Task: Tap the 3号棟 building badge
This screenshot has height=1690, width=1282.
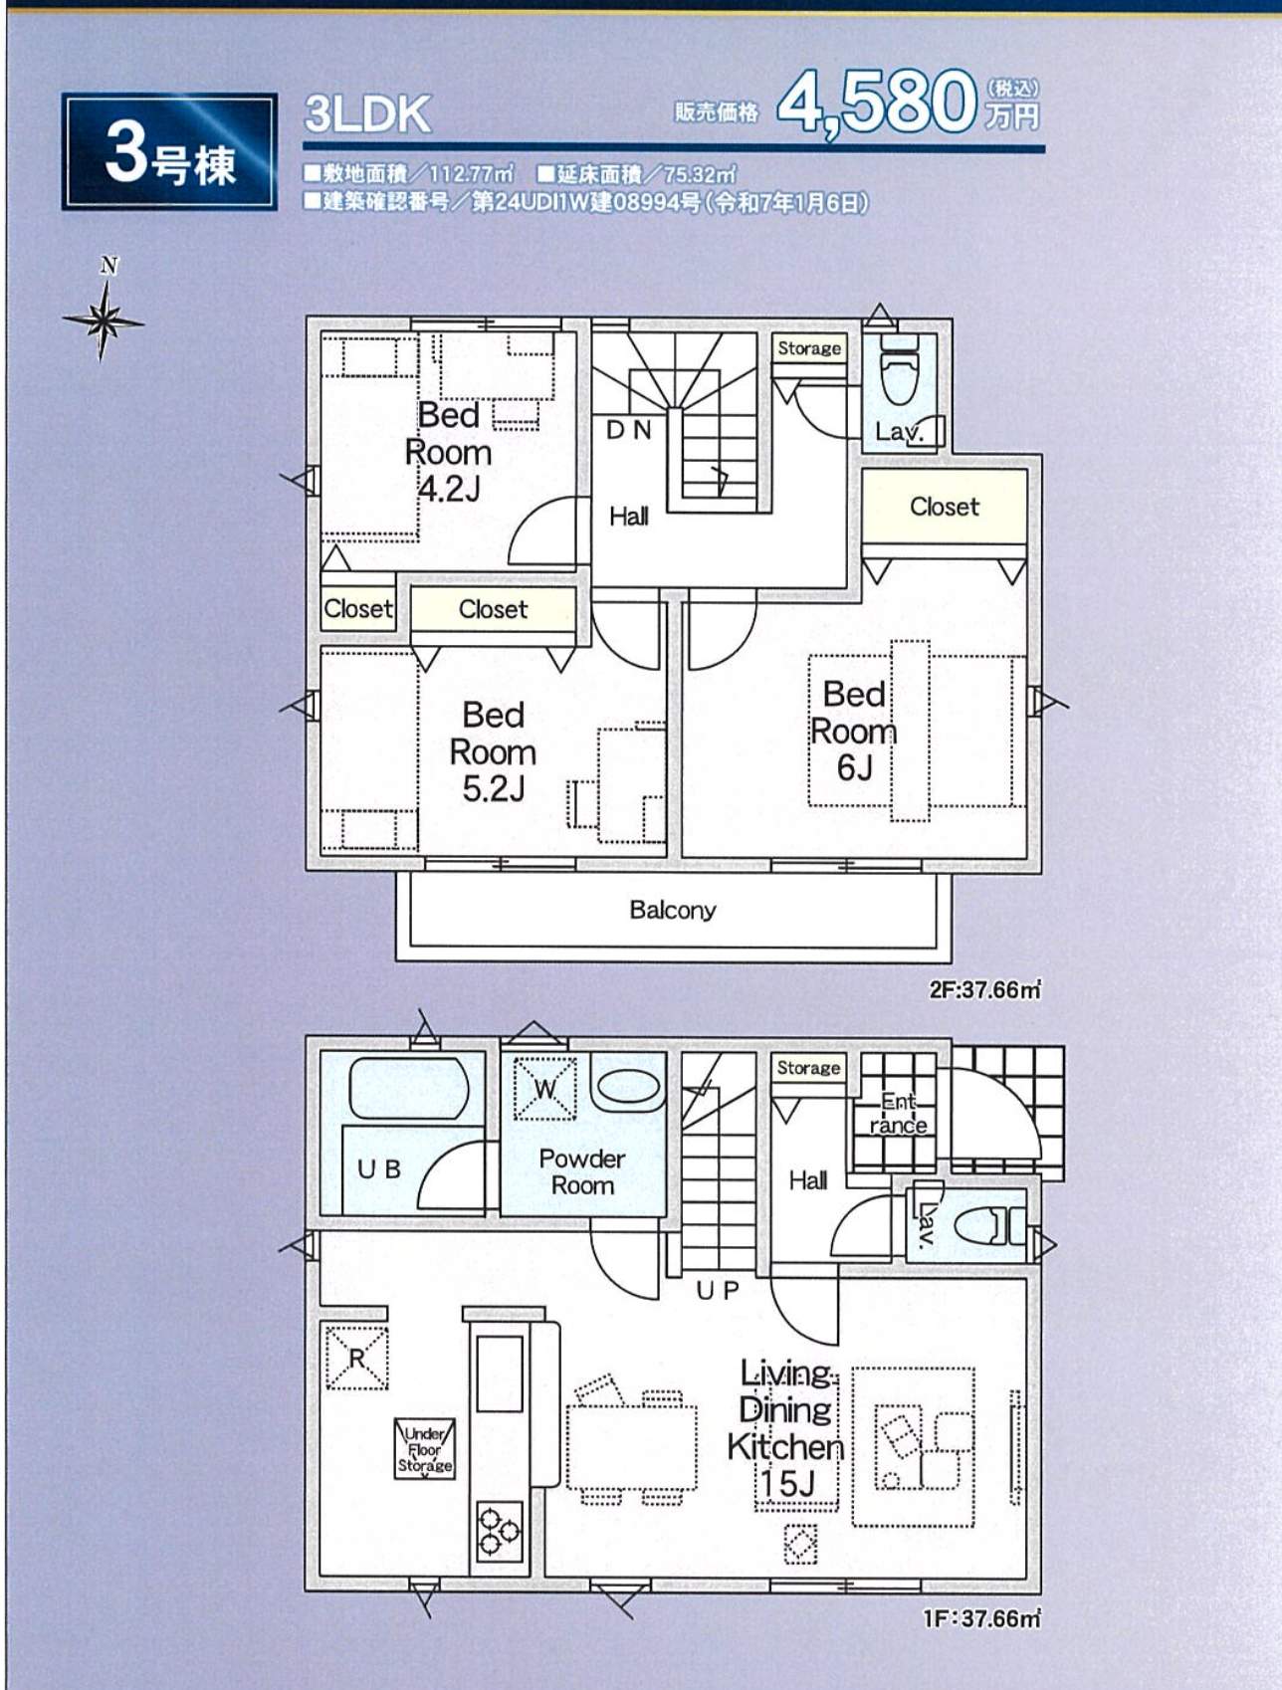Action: point(169,151)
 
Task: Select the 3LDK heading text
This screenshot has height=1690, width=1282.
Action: point(367,114)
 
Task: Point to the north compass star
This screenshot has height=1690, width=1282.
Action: point(104,320)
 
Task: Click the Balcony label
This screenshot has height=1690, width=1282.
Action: point(673,910)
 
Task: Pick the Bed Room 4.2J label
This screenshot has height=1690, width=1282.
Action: point(448,451)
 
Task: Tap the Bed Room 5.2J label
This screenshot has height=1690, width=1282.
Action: point(493,751)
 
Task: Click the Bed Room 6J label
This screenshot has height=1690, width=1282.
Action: point(853,731)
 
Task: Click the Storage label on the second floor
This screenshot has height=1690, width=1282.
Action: point(809,348)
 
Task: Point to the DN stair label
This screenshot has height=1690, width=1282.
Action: point(629,430)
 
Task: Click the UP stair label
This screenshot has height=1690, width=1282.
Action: point(718,1291)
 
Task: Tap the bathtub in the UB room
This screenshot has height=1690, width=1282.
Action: point(409,1088)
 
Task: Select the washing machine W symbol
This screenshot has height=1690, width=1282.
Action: point(544,1088)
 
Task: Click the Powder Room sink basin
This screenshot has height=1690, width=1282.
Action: point(628,1086)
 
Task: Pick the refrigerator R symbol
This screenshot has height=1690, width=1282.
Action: point(356,1358)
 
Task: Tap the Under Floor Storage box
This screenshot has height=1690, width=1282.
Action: point(425,1449)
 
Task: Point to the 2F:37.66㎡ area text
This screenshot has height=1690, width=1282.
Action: point(984,990)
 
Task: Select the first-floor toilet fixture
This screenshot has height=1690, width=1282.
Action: point(989,1226)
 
